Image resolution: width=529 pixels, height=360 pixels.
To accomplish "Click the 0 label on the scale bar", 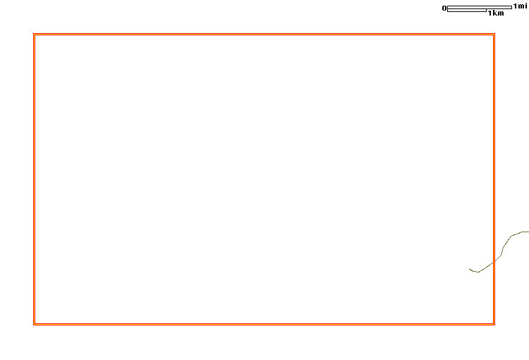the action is click(x=444, y=8).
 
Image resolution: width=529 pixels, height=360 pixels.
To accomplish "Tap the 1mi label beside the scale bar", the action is click(x=520, y=6).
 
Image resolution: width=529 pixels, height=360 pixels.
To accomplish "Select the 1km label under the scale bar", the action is click(x=496, y=13).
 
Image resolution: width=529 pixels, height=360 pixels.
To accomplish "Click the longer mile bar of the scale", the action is click(x=480, y=8).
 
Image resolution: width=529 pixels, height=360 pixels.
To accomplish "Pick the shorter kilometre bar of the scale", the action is click(x=467, y=11).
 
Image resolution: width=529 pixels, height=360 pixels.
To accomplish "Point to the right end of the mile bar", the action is click(x=511, y=8).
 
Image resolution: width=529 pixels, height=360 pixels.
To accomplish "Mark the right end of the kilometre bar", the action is click(x=486, y=11).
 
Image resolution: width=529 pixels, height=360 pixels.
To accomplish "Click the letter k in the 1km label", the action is click(x=494, y=13).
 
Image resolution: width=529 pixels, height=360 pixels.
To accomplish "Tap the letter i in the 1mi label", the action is click(x=525, y=6).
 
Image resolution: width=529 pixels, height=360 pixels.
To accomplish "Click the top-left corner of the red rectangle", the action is click(x=34, y=34).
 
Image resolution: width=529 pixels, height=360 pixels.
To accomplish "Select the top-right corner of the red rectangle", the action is click(x=494, y=34).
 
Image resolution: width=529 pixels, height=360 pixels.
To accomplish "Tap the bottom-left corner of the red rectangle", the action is click(x=34, y=324).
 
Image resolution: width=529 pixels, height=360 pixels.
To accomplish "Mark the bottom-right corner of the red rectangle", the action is click(x=494, y=324).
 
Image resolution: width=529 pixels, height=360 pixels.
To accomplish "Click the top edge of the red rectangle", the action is click(x=264, y=34).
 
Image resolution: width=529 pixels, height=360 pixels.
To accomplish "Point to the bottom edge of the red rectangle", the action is click(x=264, y=324).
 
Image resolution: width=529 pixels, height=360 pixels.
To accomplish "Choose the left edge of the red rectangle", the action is click(x=34, y=179).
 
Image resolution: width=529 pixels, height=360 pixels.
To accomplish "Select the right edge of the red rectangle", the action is click(x=494, y=179).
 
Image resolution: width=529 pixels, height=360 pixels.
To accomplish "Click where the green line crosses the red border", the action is click(x=494, y=262).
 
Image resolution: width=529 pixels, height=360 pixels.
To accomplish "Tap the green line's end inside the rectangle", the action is click(x=469, y=269).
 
